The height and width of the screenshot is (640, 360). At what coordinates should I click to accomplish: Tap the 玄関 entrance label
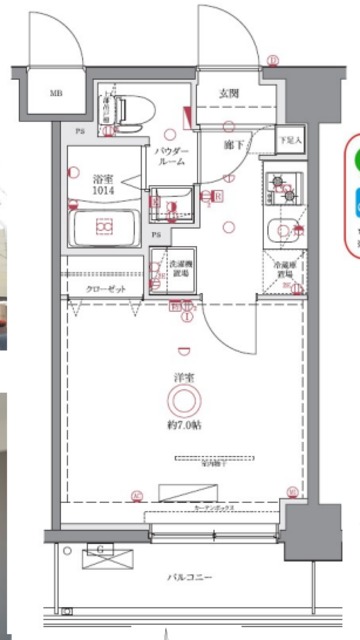[x=227, y=94]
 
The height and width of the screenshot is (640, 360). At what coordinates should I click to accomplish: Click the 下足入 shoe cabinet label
[x=287, y=140]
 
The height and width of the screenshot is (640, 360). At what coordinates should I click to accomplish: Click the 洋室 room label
[x=183, y=378]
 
